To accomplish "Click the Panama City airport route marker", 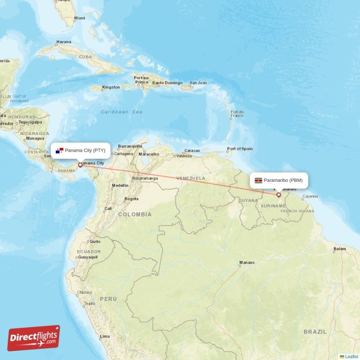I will click(81, 165).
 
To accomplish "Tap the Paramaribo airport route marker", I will click(279, 195).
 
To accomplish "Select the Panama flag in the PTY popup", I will click(59, 150).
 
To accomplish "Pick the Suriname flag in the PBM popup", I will click(258, 180).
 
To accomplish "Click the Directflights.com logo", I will click(34, 338).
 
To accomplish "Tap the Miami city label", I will click(80, 18).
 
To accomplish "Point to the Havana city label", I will click(63, 42).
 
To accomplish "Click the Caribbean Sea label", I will click(121, 112).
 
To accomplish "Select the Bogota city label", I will click(131, 198).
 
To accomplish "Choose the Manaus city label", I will click(247, 262).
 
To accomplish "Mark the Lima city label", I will click(105, 336).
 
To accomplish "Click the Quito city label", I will click(95, 241).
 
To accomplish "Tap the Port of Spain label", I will click(240, 149).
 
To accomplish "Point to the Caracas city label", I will click(192, 151).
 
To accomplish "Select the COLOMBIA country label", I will click(135, 215).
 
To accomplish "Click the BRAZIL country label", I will click(315, 332).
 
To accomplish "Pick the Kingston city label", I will click(111, 87).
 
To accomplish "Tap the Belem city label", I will click(340, 249).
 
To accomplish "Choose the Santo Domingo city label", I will click(167, 83).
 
